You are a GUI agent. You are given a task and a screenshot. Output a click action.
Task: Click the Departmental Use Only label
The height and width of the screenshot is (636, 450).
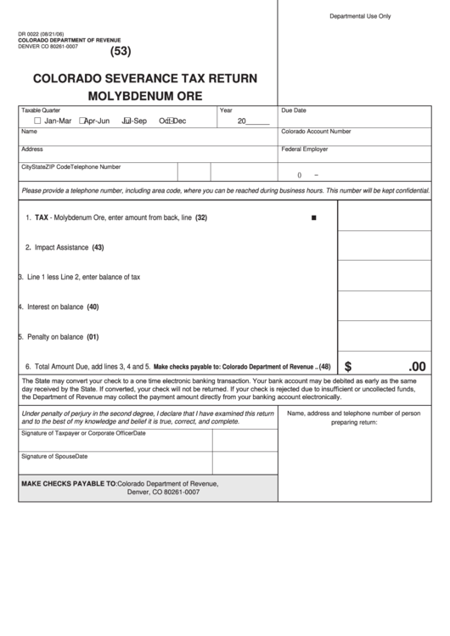[x=360, y=16]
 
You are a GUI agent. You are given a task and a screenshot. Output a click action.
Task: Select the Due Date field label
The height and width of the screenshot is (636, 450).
[x=294, y=110]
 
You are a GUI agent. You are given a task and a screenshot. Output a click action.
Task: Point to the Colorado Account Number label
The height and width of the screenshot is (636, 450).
[x=316, y=132]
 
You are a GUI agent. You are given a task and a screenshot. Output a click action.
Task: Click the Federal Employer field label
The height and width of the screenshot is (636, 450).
[x=305, y=149]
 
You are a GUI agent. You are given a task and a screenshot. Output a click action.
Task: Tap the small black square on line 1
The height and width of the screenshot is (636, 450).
[x=314, y=218]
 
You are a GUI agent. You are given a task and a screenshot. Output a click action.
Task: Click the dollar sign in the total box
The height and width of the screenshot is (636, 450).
[x=348, y=367]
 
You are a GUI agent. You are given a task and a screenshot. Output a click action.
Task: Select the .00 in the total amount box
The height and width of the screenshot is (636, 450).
[x=417, y=367]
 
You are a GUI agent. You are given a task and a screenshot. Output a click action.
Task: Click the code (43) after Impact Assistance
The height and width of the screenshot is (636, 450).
[x=98, y=247]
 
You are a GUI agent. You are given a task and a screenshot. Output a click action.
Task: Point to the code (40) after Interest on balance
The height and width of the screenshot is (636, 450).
[x=93, y=307]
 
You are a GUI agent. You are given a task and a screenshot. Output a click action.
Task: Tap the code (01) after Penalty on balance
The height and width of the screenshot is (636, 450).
[x=93, y=336]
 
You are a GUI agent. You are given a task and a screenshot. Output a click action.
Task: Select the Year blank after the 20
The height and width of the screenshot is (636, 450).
[x=258, y=121]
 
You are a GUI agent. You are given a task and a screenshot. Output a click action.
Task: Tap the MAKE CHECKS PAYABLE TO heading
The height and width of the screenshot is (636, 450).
[x=69, y=483]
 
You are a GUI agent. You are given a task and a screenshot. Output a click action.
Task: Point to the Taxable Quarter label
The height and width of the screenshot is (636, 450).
[x=41, y=110]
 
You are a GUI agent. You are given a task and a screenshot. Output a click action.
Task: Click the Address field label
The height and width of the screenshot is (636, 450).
[x=32, y=149]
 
